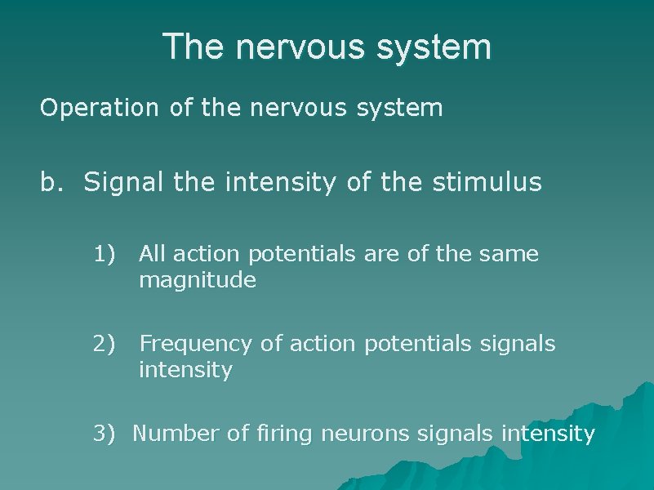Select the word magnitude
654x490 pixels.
pyautogui.click(x=198, y=282)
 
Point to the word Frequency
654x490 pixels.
pyautogui.click(x=196, y=345)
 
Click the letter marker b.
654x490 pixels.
pyautogui.click(x=51, y=182)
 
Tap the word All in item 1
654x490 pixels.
pyautogui.click(x=152, y=255)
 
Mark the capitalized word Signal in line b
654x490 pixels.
pyautogui.click(x=125, y=182)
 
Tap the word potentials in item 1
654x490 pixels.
pyautogui.click(x=302, y=255)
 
